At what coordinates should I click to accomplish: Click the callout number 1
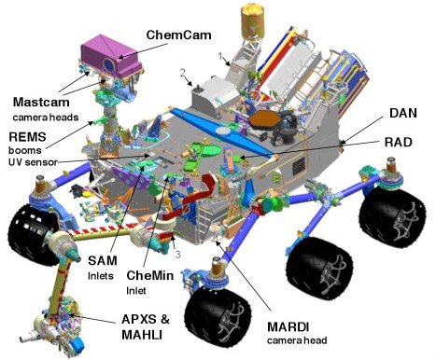point(221,57)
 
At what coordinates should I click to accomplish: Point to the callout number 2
point(183,73)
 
